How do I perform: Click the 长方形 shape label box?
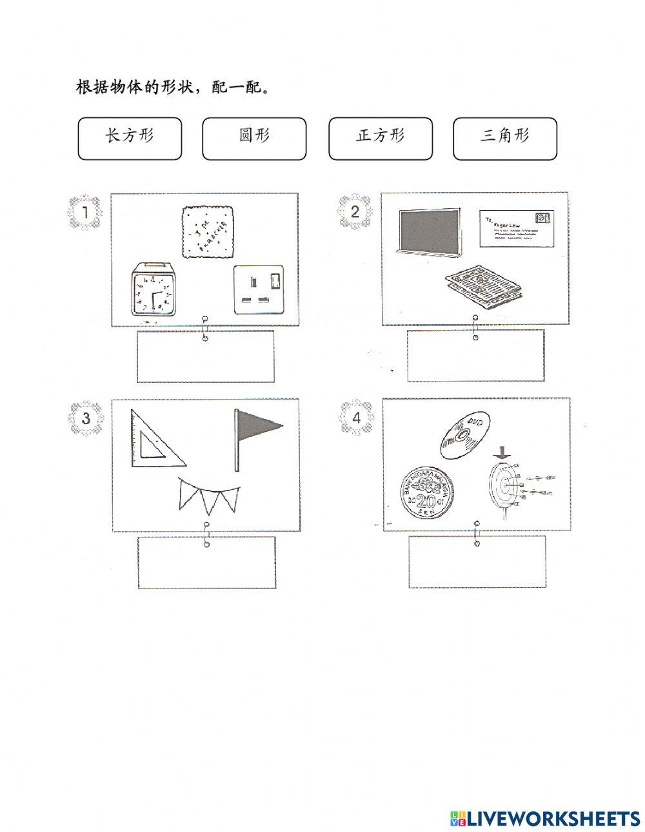[130, 138]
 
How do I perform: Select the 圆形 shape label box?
[254, 138]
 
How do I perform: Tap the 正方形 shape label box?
[380, 138]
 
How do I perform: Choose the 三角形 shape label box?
[504, 138]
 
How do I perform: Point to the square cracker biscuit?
[206, 231]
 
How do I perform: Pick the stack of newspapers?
[484, 284]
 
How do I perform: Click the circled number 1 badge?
[84, 212]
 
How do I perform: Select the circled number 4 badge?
[356, 418]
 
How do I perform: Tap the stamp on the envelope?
[543, 218]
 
